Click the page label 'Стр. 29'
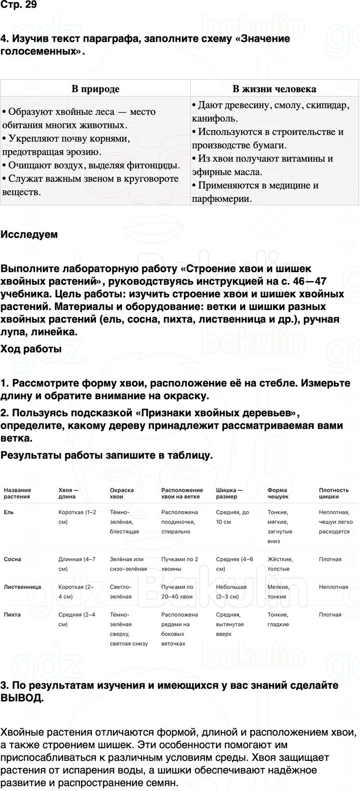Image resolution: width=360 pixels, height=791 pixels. click(18, 5)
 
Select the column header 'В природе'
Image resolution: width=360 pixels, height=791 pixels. click(95, 89)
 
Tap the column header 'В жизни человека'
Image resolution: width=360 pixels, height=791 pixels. click(274, 89)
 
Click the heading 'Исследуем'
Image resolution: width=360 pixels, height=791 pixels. click(29, 234)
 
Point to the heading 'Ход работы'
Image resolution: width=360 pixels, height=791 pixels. click(31, 349)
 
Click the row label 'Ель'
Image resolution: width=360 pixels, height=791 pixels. click(9, 512)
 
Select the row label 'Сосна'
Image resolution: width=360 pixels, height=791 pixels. click(13, 559)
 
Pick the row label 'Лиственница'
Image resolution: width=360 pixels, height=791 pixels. click(22, 587)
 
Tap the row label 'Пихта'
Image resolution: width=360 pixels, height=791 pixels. click(12, 615)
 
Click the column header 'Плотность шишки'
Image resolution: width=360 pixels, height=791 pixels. click(333, 493)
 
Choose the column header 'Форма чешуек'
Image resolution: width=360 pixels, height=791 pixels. click(278, 493)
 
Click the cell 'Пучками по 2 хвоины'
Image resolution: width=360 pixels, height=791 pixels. click(180, 564)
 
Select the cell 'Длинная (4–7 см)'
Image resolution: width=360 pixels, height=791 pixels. click(76, 564)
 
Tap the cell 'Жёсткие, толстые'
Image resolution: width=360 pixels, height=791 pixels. click(280, 564)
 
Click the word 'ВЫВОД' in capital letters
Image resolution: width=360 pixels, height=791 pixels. click(21, 698)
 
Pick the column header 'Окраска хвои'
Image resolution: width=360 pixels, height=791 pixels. click(121, 493)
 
